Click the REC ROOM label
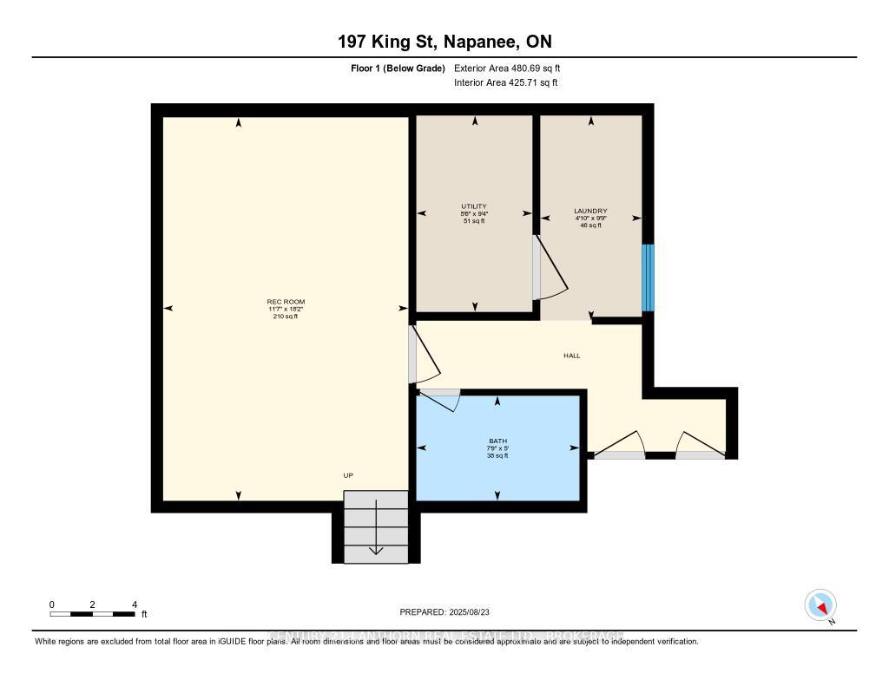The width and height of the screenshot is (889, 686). [286, 302]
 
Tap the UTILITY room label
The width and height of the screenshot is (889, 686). [473, 206]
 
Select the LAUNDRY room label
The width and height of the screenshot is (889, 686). [590, 211]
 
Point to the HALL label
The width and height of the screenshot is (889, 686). [571, 356]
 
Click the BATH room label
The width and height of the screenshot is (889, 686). [497, 441]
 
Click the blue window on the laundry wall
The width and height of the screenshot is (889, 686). [648, 278]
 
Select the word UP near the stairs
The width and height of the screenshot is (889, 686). [347, 475]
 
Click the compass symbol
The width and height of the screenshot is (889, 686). [820, 604]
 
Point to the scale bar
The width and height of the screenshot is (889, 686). [92, 614]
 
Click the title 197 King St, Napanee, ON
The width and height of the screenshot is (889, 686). [444, 42]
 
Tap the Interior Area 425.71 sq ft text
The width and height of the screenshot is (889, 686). [505, 83]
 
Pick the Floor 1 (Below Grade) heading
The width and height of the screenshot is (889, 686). [393, 68]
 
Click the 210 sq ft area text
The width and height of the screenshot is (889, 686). [286, 317]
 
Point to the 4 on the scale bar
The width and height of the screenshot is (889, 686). [134, 604]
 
